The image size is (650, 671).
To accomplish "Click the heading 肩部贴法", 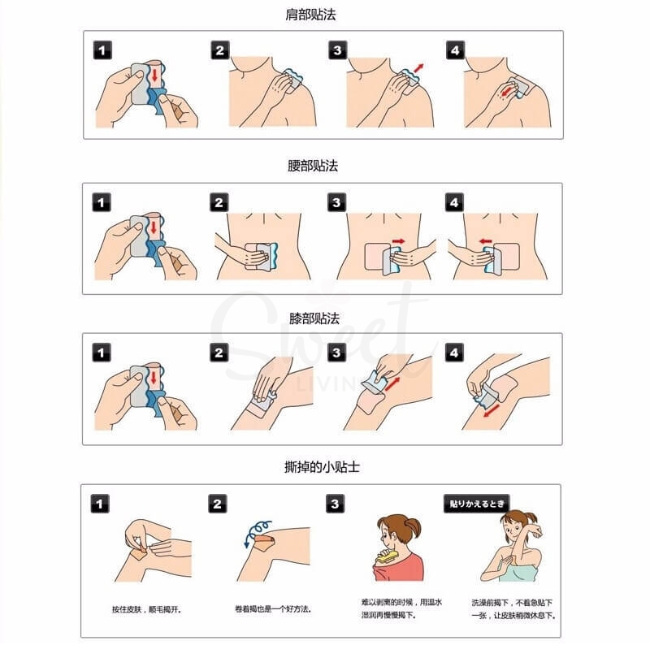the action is point(310,15).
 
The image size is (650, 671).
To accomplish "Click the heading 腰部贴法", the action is point(312,166).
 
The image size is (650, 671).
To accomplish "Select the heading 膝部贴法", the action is point(314,318).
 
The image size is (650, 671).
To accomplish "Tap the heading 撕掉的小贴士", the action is point(322,466).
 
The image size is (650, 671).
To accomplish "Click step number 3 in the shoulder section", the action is point(338,50).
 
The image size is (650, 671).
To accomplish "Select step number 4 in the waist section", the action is point(454,202).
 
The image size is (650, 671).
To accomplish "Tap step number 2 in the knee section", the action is point(219,353).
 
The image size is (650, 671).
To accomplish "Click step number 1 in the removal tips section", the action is point(100,504).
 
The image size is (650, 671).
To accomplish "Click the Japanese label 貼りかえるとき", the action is point(477,504).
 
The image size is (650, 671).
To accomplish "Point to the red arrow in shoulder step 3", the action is point(418,68).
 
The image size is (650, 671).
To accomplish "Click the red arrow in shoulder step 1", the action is point(154,75).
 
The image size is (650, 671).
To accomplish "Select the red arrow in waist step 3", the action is point(398,241).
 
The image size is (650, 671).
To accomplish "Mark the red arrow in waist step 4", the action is point(486,241).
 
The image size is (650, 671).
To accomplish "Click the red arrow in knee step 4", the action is point(492,411).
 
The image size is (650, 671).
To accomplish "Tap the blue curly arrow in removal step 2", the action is point(256,531).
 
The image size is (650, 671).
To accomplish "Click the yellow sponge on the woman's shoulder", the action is point(386,556).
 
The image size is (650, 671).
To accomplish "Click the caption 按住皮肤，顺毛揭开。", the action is point(147,609).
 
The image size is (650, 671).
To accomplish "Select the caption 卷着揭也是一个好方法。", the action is point(273,609).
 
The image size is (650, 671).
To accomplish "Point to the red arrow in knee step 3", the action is point(392,384).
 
